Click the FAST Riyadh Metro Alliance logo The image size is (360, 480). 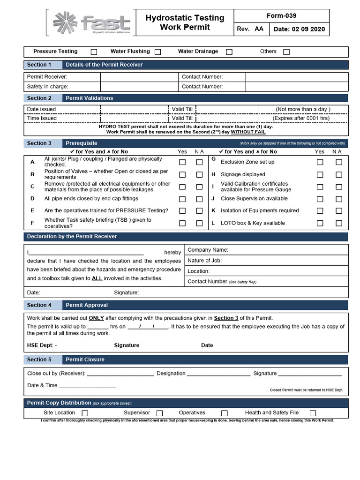pyautogui.click(x=91, y=22)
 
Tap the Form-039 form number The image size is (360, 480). pyautogui.click(x=281, y=15)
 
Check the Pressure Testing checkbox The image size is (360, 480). pyautogui.click(x=94, y=52)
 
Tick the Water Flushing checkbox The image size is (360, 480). pyautogui.click(x=158, y=52)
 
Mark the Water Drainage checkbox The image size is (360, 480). pyautogui.click(x=229, y=52)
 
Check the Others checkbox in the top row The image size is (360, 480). pyautogui.click(x=286, y=52)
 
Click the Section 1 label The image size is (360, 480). pyautogui.click(x=39, y=65)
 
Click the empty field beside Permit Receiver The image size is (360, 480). pyautogui.click(x=139, y=77)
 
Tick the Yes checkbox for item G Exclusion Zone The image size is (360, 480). pyautogui.click(x=320, y=162)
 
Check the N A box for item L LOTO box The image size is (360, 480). pyautogui.click(x=339, y=223)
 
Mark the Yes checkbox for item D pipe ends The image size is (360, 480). pyautogui.click(x=182, y=199)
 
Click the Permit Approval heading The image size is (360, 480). pyautogui.click(x=87, y=305)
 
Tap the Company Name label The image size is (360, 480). pyautogui.click(x=208, y=250)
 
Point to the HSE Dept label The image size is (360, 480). pyautogui.click(x=42, y=345)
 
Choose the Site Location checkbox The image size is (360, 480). pyautogui.click(x=85, y=413)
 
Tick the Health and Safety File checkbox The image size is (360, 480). pyautogui.click(x=313, y=413)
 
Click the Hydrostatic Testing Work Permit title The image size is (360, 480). pyautogui.click(x=185, y=22)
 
